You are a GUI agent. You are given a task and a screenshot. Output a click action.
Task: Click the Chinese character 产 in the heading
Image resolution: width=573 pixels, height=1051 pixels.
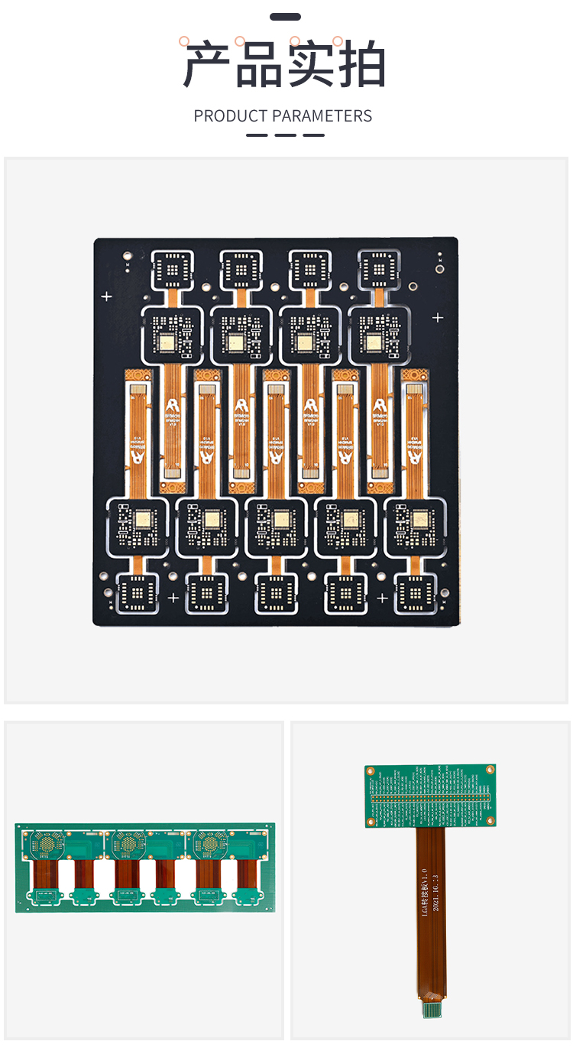[x=208, y=65]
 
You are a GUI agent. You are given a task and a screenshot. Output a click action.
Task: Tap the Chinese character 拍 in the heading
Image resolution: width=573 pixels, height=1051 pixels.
[x=361, y=65]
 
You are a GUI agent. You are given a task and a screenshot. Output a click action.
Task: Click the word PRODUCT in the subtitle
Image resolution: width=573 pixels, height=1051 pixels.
[x=231, y=116]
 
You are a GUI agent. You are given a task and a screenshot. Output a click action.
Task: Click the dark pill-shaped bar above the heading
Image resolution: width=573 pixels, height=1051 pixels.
[x=286, y=17]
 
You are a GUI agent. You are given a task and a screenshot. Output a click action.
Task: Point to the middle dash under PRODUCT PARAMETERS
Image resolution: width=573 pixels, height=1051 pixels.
[x=286, y=135]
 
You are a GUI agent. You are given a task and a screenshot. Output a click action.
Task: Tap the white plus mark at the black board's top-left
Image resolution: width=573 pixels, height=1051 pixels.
[x=107, y=296]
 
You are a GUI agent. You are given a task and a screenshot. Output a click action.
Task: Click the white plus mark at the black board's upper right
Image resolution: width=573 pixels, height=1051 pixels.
[x=438, y=317]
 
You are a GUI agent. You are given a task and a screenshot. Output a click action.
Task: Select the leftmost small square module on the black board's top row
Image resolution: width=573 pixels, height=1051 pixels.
[x=173, y=269]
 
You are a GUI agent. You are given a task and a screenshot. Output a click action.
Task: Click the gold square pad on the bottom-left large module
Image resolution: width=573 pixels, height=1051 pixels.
[x=141, y=521]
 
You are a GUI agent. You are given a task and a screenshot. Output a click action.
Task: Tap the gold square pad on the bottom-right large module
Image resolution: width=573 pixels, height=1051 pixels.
[x=419, y=521]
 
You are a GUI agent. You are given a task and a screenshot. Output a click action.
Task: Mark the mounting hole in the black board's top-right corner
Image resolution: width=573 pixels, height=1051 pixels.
[x=440, y=268]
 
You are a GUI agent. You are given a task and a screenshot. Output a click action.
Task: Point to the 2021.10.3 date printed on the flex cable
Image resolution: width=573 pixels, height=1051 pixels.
[x=435, y=893]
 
